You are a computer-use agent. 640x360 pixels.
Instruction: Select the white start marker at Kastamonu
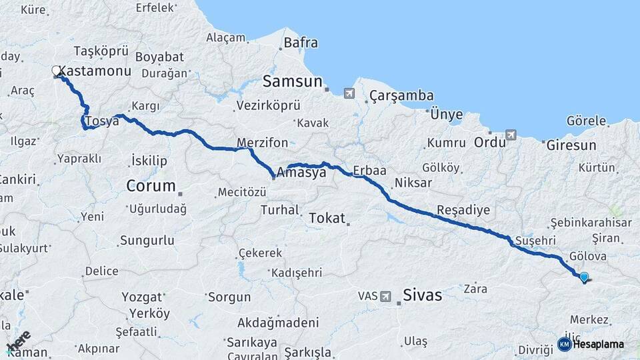click(57, 70)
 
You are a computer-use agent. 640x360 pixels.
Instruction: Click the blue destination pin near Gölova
click(584, 277)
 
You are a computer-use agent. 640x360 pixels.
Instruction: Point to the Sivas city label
click(422, 295)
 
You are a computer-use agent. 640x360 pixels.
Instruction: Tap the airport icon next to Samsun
click(349, 93)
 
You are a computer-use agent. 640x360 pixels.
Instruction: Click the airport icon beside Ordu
click(511, 135)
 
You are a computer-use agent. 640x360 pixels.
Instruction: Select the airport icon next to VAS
click(386, 295)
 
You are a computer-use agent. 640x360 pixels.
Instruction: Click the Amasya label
click(301, 172)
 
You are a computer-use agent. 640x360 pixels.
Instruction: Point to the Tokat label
click(327, 218)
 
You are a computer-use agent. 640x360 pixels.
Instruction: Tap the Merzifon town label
click(263, 143)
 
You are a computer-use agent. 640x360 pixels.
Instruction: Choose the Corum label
click(151, 186)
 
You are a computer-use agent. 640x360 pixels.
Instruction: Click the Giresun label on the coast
click(571, 145)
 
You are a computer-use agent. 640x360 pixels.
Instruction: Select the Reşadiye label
click(463, 210)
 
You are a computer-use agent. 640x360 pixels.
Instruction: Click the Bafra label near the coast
click(301, 43)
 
